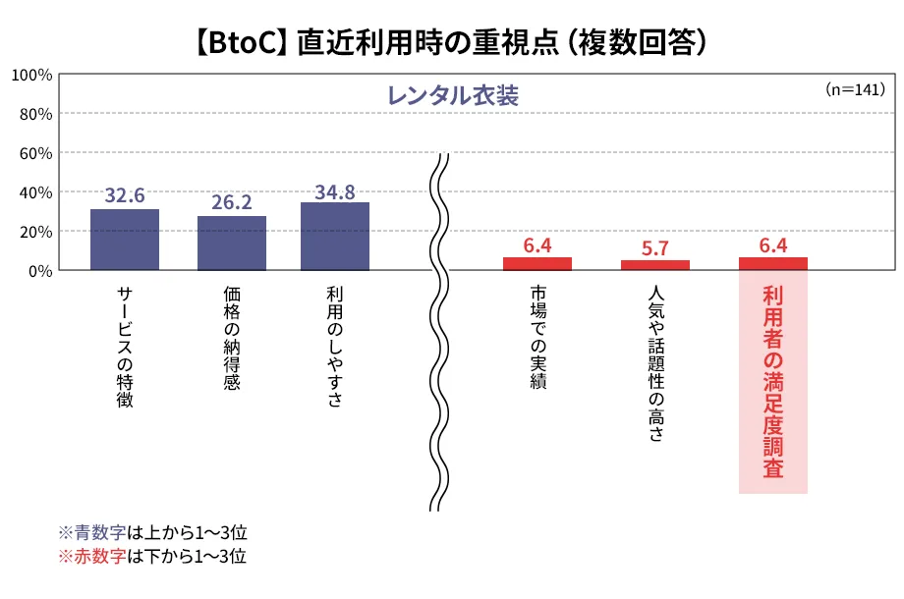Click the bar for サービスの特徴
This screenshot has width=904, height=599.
(x=125, y=240)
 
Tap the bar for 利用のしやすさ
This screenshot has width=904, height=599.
(x=335, y=236)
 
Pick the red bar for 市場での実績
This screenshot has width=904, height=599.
(x=537, y=263)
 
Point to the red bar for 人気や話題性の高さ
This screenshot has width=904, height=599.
(x=655, y=264)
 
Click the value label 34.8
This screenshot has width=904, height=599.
(x=335, y=191)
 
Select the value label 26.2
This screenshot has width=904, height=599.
(x=232, y=202)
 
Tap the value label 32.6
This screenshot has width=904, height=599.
(x=125, y=195)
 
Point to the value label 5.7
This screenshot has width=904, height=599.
(x=655, y=247)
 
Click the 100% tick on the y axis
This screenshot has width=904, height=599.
(x=31, y=75)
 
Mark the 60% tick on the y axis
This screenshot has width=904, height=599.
(x=35, y=153)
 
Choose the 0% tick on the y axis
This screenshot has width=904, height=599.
(x=39, y=271)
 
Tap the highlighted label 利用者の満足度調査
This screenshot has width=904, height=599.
(x=773, y=382)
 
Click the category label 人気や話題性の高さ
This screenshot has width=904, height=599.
(x=655, y=363)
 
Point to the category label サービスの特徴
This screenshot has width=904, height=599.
(x=125, y=347)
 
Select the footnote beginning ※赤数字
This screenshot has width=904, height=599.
(x=152, y=557)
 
